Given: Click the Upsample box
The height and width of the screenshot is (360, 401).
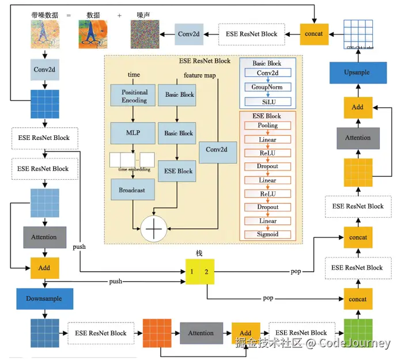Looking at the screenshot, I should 357,73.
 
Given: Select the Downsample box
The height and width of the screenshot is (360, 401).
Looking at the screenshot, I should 44,299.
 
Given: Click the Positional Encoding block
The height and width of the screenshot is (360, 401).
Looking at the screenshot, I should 134,96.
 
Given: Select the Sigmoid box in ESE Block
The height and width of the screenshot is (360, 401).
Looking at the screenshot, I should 267,234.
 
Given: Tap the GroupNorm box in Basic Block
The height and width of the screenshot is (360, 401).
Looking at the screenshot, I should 267,87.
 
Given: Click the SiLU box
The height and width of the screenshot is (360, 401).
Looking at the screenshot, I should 267,101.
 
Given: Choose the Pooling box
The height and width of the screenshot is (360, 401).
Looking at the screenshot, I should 267,125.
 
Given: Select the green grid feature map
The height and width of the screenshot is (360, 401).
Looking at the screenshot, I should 358,332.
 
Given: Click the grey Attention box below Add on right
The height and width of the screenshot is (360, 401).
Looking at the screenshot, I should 357,138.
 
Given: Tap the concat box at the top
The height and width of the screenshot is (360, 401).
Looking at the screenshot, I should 315,34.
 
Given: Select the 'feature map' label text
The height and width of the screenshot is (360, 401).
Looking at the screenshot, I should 200,75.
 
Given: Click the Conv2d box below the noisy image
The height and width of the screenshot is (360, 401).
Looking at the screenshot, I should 44,69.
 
